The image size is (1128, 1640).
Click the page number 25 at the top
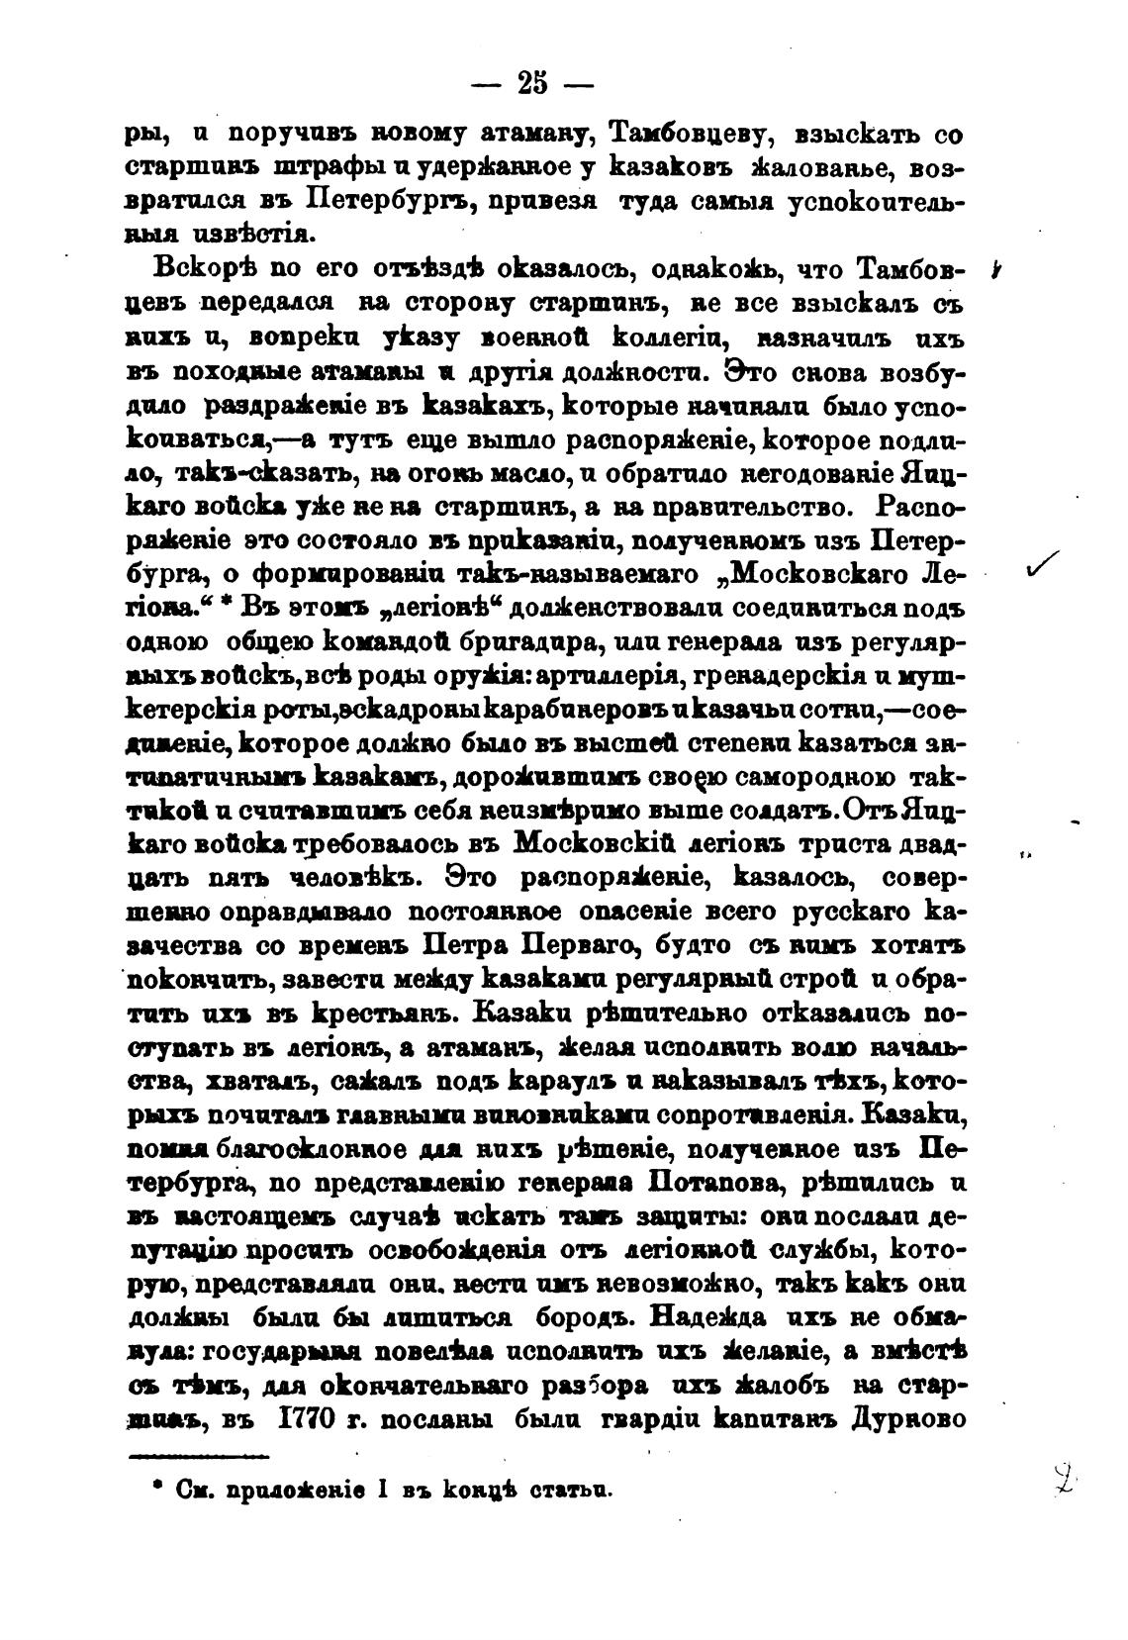coord(530,83)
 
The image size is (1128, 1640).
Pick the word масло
coord(526,475)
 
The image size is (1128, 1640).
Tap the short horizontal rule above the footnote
coord(199,1455)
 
